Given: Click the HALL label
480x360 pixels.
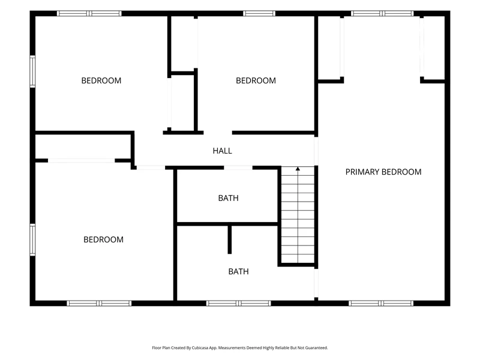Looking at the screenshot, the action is tap(222, 151).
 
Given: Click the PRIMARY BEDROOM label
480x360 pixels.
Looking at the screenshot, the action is tap(383, 172).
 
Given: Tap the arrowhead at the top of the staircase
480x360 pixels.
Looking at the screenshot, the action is tap(298, 169).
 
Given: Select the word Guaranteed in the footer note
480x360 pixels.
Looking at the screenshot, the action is tap(318, 348).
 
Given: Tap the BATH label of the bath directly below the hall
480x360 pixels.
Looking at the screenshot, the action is tap(229, 198).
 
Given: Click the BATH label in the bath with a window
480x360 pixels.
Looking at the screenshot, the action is tap(238, 272).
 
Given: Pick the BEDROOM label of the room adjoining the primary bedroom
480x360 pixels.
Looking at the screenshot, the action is tap(256, 80).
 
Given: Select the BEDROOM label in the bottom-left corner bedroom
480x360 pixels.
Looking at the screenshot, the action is tap(103, 239).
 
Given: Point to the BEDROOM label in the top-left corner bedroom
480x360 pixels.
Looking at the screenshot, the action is tap(101, 80).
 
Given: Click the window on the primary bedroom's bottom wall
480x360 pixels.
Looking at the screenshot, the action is tap(381, 304).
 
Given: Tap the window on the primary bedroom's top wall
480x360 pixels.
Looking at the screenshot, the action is tap(382, 13).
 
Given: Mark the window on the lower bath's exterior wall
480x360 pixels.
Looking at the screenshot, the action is tap(238, 304).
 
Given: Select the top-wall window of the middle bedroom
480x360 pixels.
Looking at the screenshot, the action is tap(259, 13).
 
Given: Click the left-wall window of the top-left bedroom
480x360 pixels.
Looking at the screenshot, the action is tap(32, 71).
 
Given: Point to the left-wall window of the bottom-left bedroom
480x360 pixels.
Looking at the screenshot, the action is tap(32, 239).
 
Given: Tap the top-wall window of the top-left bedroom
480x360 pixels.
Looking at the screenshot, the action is tap(89, 13).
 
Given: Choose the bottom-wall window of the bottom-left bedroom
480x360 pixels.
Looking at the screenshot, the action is tap(99, 304).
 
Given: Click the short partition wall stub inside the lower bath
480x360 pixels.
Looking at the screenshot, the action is tap(230, 239).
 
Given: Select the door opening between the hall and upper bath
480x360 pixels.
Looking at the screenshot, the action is tap(238, 168).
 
